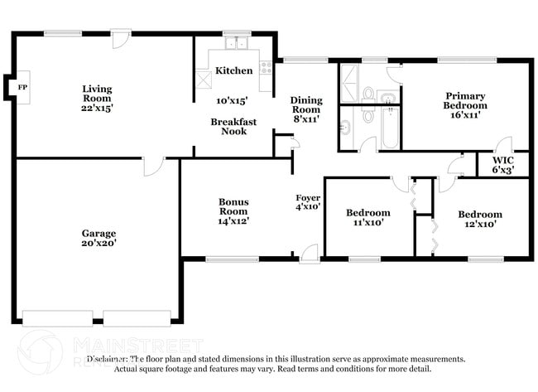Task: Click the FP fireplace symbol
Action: [12, 85]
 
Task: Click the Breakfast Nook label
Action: [233, 126]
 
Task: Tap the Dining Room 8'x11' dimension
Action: [305, 119]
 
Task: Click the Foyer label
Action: [308, 197]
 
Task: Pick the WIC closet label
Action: [502, 160]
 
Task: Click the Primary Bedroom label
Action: [464, 101]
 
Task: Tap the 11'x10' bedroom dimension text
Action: [367, 223]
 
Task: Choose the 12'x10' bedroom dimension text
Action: [480, 225]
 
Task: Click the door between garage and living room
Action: [152, 166]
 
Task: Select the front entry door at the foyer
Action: [310, 253]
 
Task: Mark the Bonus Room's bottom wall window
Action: [231, 259]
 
